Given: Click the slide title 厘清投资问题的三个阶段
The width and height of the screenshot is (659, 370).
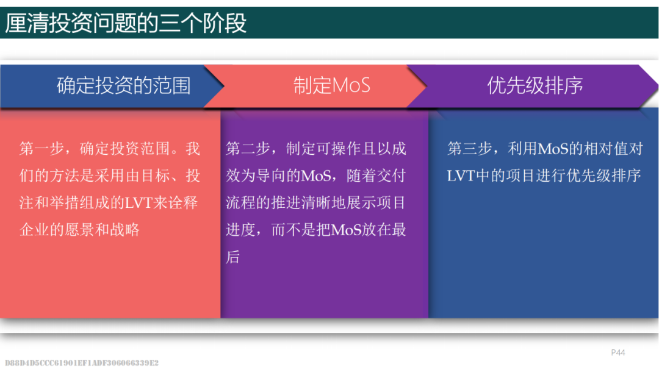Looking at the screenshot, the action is pos(126,23).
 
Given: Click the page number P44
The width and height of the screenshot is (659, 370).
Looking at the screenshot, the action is pos(618,352).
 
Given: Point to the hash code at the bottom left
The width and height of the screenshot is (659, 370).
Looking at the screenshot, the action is pos(82,363).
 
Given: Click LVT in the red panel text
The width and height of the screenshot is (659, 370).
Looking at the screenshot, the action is pos(139,203).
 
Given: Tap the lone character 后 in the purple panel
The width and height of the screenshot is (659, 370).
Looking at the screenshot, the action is pos(233,257).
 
